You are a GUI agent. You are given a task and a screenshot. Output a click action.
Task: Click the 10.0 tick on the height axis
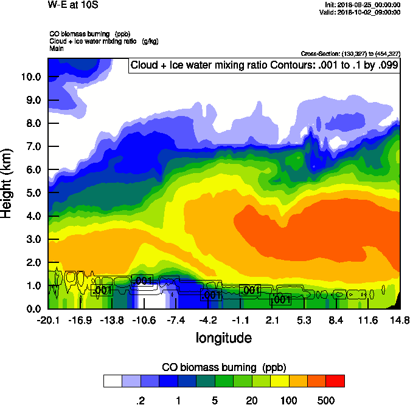pos(31,77)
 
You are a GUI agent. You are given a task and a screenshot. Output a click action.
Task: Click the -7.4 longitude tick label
pos(176,320)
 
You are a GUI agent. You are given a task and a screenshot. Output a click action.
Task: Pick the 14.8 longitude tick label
pos(400,320)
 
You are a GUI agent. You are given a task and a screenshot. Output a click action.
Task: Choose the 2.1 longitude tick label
pos(272,320)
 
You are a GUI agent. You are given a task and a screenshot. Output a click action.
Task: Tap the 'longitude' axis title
pos(223,338)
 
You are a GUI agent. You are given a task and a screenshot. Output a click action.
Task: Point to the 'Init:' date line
pos(363,4)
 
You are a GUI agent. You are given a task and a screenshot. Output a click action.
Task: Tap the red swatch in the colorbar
pos(335,381)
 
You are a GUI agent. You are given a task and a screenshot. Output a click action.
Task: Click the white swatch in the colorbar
pos(112,381)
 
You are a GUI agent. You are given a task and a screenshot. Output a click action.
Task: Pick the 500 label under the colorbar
pos(326,400)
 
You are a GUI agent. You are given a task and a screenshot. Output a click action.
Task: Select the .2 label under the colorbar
pos(140,400)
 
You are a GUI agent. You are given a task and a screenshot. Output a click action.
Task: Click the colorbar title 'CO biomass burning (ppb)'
pos(223,367)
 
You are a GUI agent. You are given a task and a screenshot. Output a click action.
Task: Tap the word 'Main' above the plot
pos(57,48)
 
